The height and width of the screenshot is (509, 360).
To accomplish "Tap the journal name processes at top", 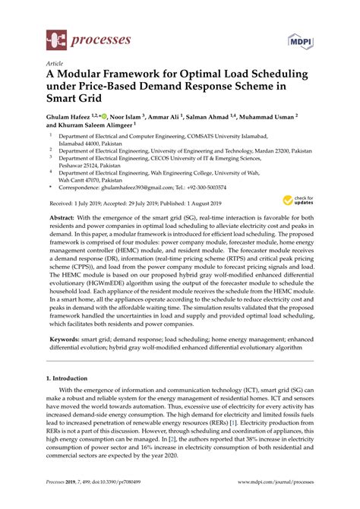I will pos(96,36).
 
